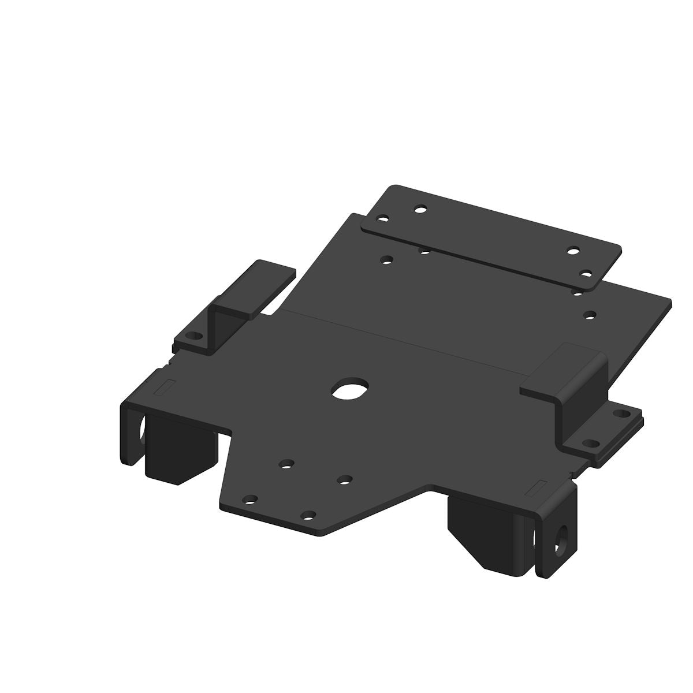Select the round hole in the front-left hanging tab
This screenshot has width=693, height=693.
(140, 428)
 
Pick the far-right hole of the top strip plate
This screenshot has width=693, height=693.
(586, 273)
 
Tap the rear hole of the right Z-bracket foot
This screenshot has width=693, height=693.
(620, 413)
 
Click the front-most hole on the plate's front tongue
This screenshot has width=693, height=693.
(309, 515)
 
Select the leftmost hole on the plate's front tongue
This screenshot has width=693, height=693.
(249, 499)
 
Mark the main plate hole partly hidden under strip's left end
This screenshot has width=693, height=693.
(424, 251)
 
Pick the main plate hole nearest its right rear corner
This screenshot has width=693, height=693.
(590, 315)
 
